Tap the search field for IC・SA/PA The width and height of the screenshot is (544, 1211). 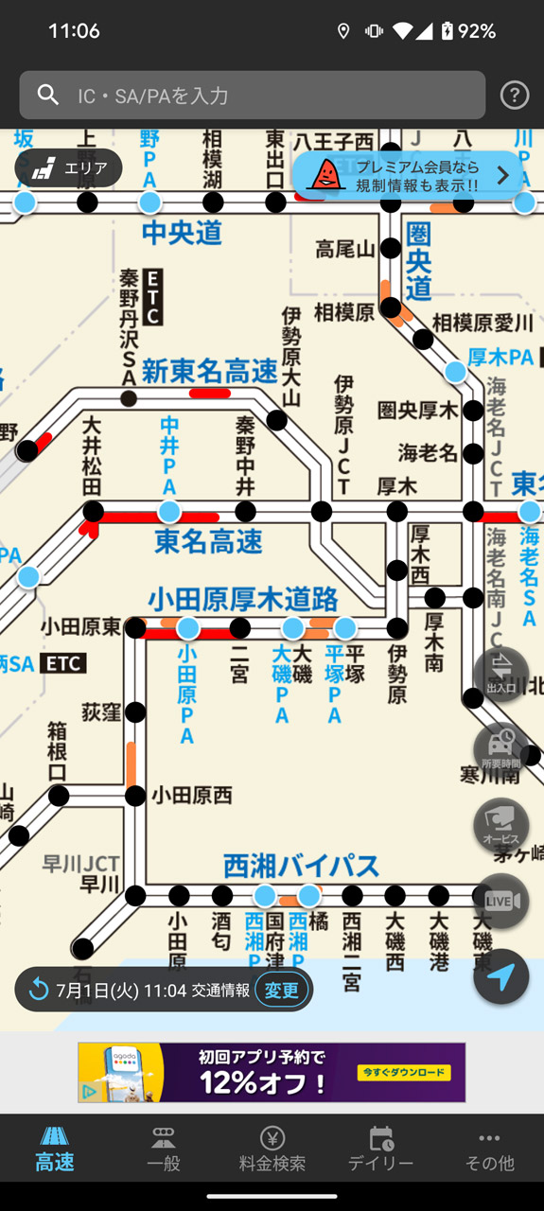click(x=252, y=95)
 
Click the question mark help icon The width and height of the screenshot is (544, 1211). click(x=514, y=95)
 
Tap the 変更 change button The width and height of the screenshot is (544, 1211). click(x=281, y=990)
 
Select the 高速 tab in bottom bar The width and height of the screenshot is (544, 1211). click(x=55, y=1149)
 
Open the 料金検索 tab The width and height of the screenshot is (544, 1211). click(x=272, y=1149)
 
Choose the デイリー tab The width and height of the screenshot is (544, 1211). click(x=380, y=1149)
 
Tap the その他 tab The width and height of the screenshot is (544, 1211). click(x=489, y=1149)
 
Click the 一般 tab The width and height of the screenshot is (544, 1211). click(x=164, y=1149)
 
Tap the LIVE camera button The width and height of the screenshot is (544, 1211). click(x=500, y=902)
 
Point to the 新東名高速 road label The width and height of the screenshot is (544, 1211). click(x=210, y=372)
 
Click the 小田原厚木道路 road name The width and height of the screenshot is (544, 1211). click(x=243, y=599)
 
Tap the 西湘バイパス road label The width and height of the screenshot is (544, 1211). click(x=301, y=865)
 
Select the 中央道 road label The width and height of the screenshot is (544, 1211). click(x=182, y=233)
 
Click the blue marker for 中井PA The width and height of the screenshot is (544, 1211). click(x=169, y=512)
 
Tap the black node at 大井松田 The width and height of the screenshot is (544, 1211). click(x=93, y=512)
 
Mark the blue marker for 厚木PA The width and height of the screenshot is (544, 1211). click(x=455, y=372)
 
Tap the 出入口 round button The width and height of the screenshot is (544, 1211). click(x=500, y=674)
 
